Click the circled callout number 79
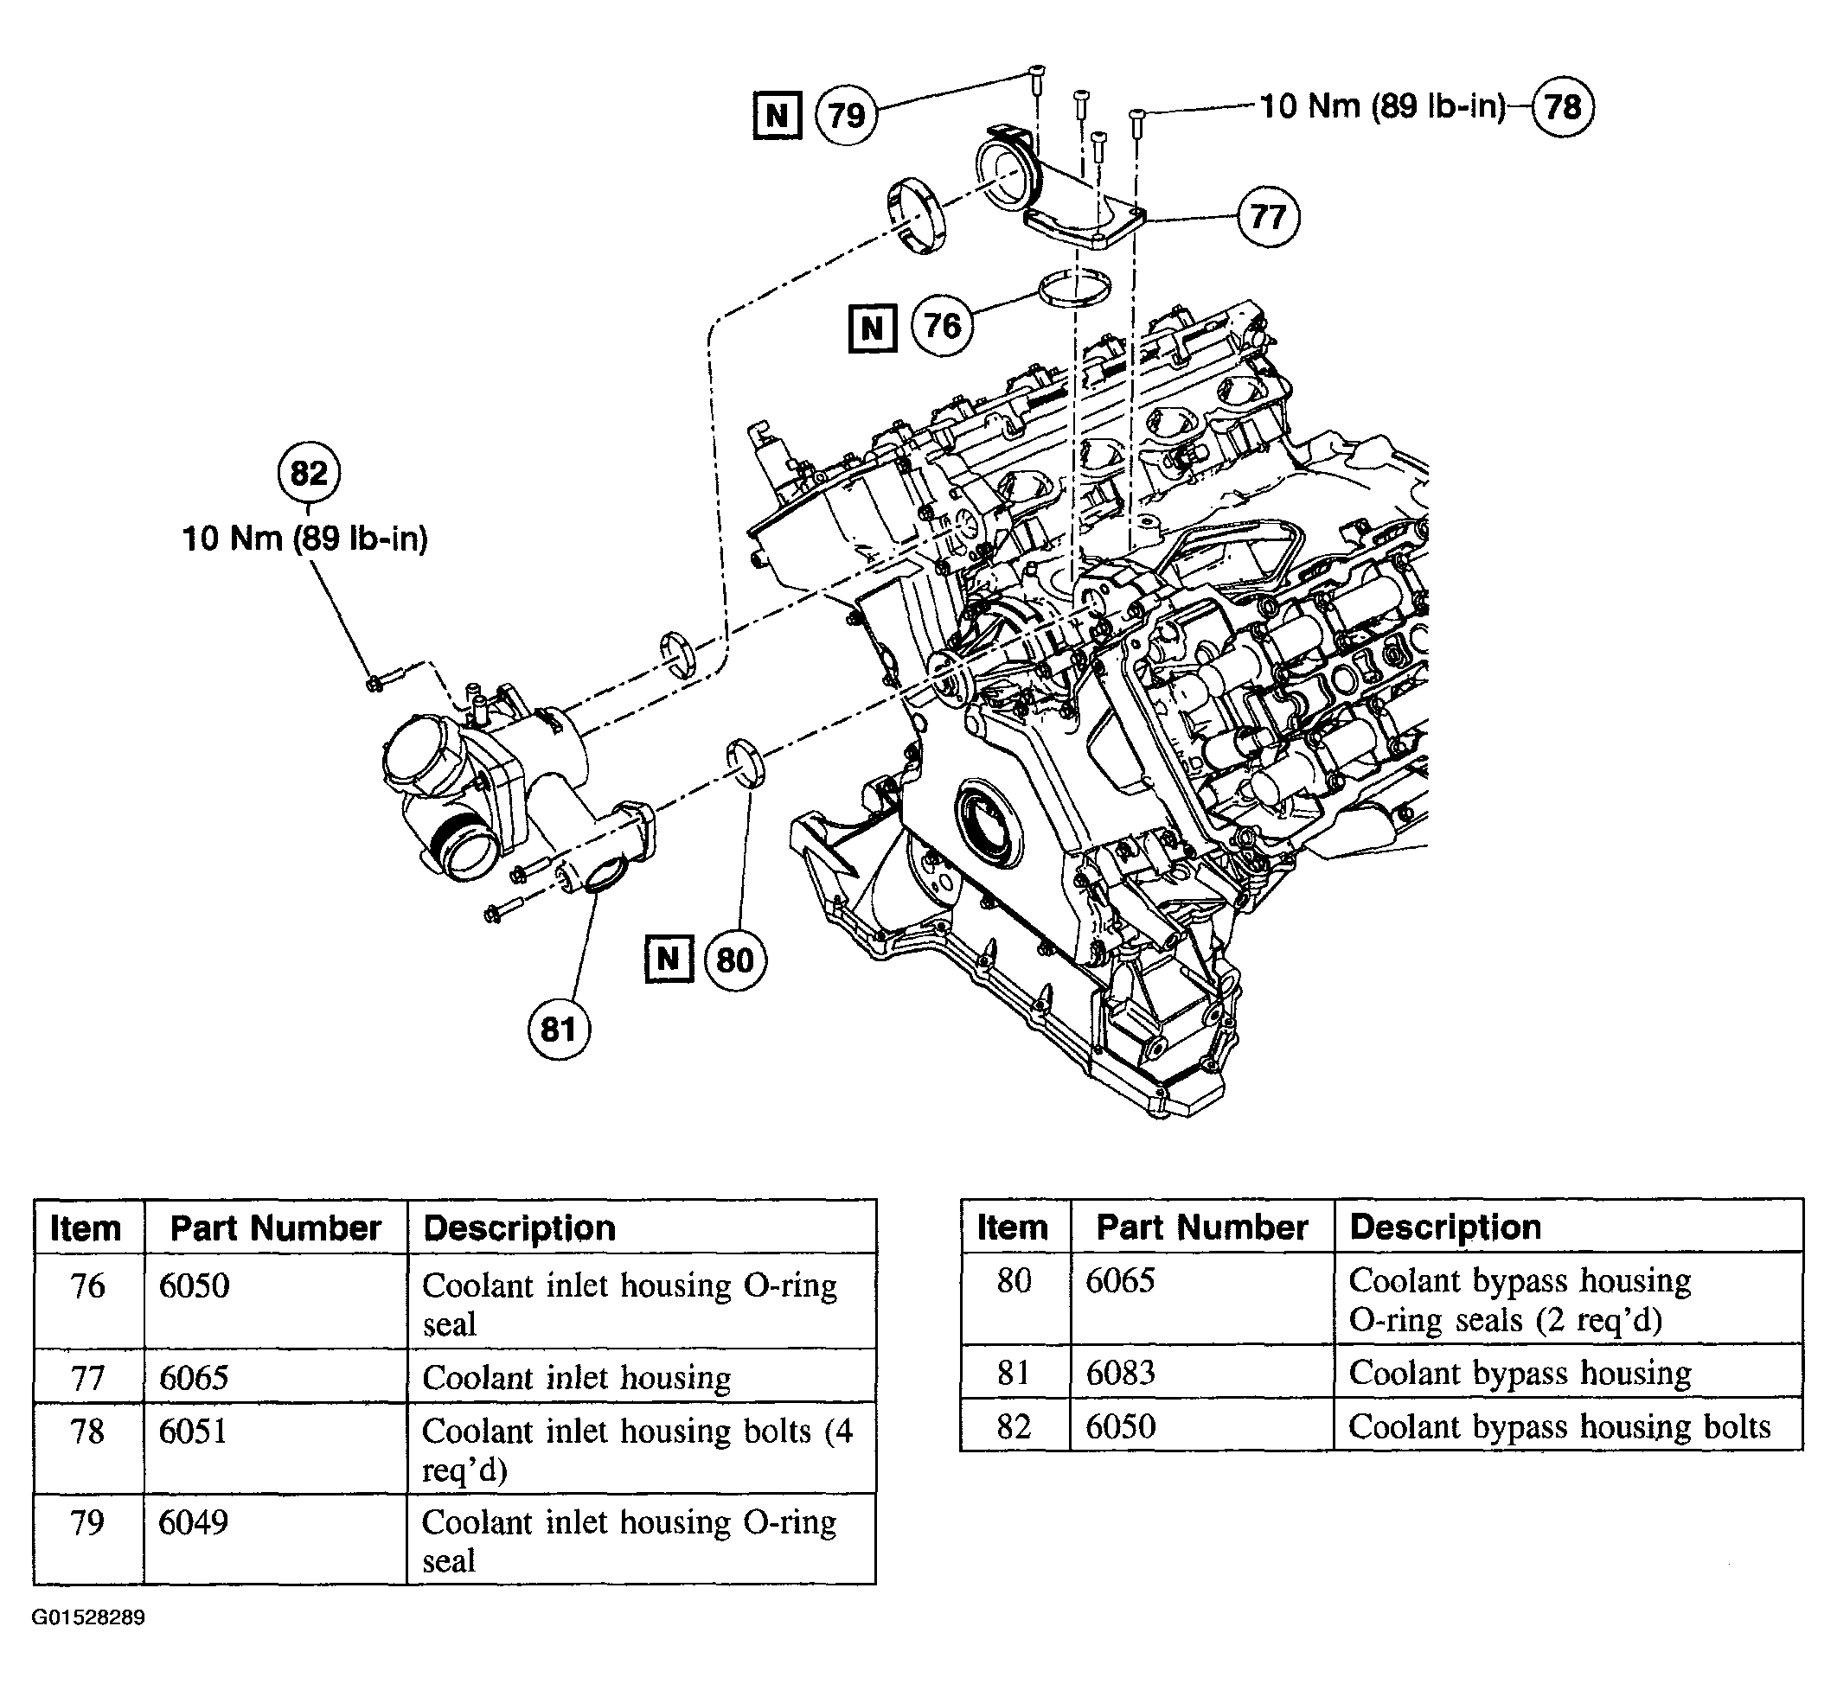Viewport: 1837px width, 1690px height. (x=846, y=115)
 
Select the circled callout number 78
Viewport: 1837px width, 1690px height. (x=1563, y=107)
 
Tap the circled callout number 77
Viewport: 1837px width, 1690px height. (x=1268, y=217)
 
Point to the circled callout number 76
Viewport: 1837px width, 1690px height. (x=943, y=327)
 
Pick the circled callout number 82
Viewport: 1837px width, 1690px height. (x=308, y=473)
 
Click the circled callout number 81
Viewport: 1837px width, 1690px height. (x=558, y=1030)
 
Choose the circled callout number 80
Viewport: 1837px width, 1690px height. (x=734, y=960)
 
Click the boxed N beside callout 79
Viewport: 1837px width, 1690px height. (x=778, y=115)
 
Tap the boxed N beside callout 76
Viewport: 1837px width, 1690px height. (x=873, y=328)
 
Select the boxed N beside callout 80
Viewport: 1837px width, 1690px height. (x=669, y=960)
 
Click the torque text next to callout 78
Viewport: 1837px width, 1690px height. (x=1382, y=107)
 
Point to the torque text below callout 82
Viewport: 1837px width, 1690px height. (x=304, y=539)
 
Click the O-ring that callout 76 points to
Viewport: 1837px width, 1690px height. (x=1075, y=288)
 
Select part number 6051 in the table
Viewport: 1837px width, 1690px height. (x=193, y=1432)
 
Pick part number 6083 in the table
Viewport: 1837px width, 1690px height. (x=1120, y=1373)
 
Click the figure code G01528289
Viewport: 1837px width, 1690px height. (x=89, y=1617)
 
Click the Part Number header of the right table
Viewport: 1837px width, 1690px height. (x=1201, y=1228)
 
